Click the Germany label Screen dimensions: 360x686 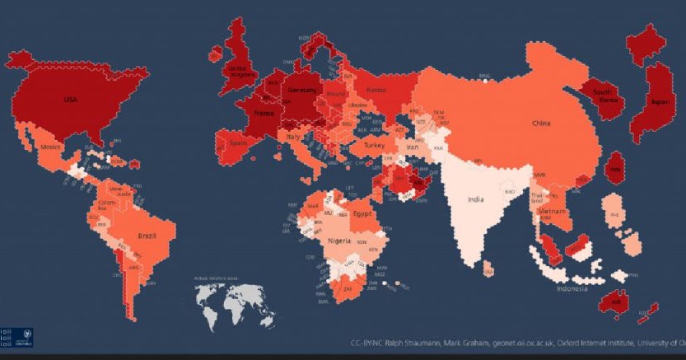[x=298, y=88]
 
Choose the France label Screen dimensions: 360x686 [x=264, y=113]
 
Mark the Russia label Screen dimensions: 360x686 [x=376, y=89]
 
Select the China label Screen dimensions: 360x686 [x=540, y=123]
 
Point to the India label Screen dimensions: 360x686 [x=476, y=199]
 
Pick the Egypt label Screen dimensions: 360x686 [x=363, y=213]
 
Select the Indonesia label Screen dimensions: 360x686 [x=571, y=289]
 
